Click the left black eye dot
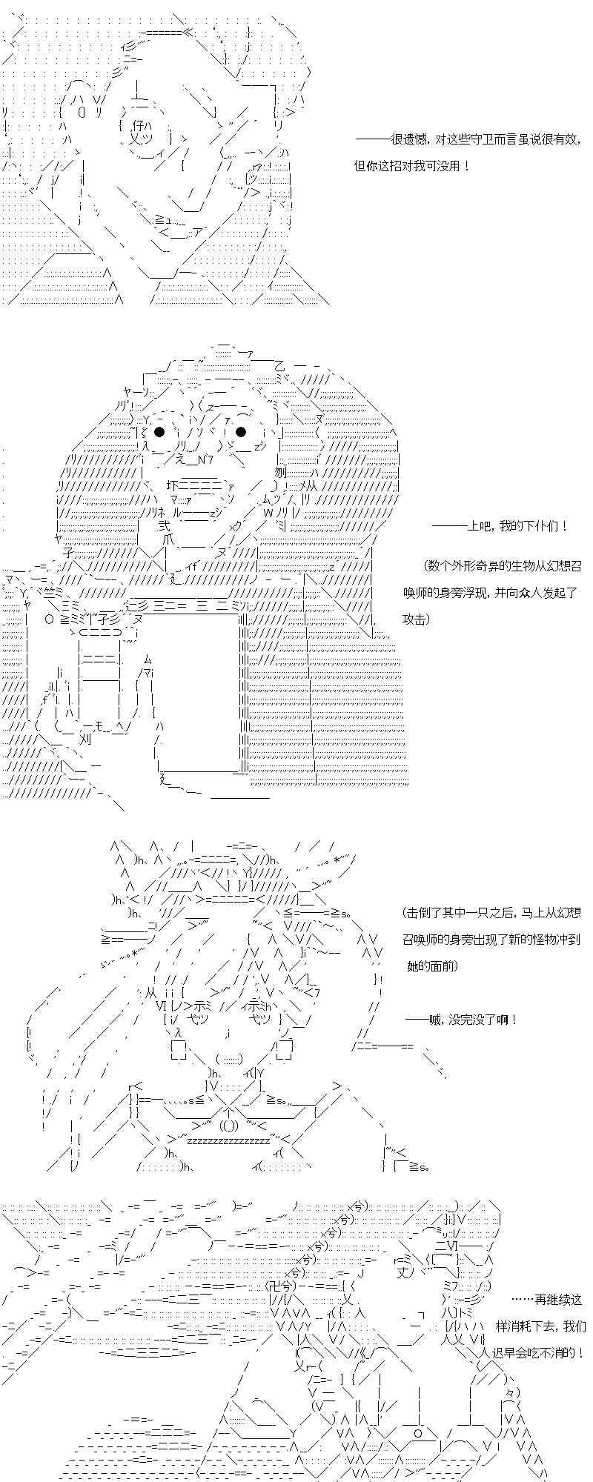[159, 432]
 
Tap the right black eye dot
[241, 432]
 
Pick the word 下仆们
[540, 527]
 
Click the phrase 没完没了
[474, 1020]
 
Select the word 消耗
[535, 1326]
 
